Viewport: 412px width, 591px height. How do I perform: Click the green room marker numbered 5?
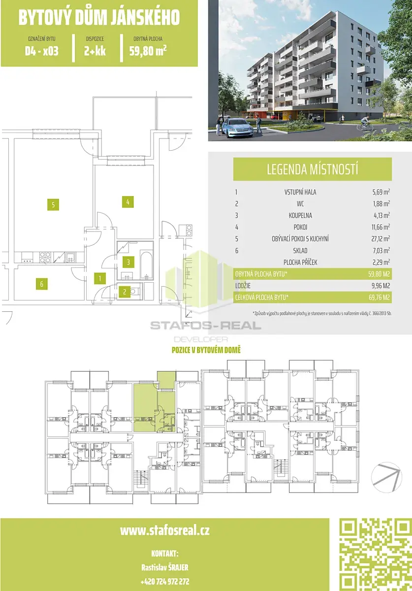(53, 204)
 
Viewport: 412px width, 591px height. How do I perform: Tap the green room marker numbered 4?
(127, 202)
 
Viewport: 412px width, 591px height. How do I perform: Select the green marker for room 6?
(42, 284)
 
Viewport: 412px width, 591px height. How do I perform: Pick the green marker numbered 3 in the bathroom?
(128, 262)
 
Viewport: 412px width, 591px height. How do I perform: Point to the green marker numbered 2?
(125, 292)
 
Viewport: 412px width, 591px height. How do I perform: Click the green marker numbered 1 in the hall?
(100, 278)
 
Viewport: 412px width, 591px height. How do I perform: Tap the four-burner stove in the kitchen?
(45, 257)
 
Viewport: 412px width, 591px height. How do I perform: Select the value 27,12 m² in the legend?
(380, 239)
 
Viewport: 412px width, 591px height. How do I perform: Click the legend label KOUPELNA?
(300, 215)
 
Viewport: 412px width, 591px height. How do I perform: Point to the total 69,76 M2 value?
(379, 297)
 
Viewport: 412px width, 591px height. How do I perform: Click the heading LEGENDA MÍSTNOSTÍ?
(312, 169)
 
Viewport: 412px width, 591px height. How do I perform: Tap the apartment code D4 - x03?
(42, 51)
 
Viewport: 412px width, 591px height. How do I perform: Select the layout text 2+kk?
(95, 51)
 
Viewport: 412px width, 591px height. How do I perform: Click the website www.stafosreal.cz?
(165, 530)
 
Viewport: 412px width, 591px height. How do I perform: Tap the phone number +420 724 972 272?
(165, 581)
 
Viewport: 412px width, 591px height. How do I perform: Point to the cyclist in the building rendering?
(365, 124)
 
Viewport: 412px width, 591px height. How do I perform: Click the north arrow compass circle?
(386, 477)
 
